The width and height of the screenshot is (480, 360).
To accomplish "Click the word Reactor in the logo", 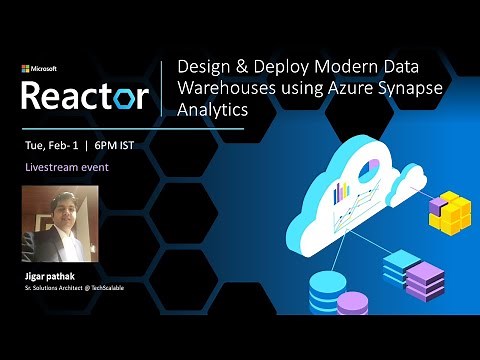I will point(85,96).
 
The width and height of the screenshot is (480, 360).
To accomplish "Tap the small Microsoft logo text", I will point(39,69).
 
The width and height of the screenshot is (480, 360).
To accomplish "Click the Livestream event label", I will point(67,167).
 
